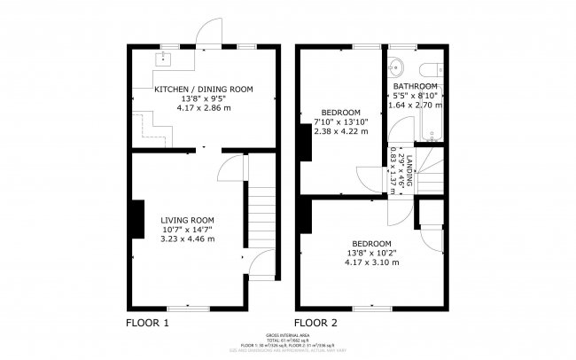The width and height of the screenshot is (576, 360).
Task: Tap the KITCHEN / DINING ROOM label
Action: [204, 90]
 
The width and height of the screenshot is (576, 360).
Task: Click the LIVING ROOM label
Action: [187, 220]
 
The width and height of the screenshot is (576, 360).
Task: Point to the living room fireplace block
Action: [138, 220]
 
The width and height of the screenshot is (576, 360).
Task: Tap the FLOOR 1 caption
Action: [147, 322]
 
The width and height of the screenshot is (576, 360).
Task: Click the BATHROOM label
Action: [416, 86]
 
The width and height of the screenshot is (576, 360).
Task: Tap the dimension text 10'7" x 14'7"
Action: [187, 230]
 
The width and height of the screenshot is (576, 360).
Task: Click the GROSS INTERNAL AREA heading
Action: [288, 335]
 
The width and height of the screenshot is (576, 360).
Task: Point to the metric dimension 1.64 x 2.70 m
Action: [416, 106]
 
